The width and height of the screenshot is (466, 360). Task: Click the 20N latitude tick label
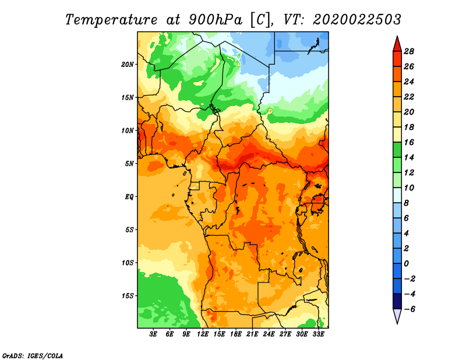(x=127, y=65)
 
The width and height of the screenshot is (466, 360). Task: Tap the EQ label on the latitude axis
(x=129, y=197)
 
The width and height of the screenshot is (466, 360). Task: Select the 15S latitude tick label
(x=127, y=296)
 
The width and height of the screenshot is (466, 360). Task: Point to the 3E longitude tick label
(x=153, y=334)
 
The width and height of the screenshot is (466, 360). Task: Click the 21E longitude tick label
(x=252, y=334)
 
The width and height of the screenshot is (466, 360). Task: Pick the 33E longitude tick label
(x=318, y=334)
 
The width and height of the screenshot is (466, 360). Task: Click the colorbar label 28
(x=409, y=51)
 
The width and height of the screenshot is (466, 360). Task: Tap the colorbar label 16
(x=409, y=142)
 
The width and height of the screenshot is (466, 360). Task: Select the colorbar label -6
(x=409, y=309)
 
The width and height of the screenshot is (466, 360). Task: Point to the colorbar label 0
(x=406, y=264)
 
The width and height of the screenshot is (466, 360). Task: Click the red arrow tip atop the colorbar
(x=397, y=37)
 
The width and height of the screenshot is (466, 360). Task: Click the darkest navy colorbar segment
(x=397, y=301)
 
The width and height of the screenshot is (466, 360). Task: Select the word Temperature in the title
(x=111, y=20)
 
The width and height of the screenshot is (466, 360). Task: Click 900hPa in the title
(x=216, y=20)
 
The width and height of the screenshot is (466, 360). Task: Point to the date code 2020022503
(x=357, y=20)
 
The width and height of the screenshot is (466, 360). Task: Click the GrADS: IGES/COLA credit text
(x=33, y=355)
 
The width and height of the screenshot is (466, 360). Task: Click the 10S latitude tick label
(x=127, y=263)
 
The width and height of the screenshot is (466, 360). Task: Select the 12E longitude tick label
(x=202, y=334)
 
